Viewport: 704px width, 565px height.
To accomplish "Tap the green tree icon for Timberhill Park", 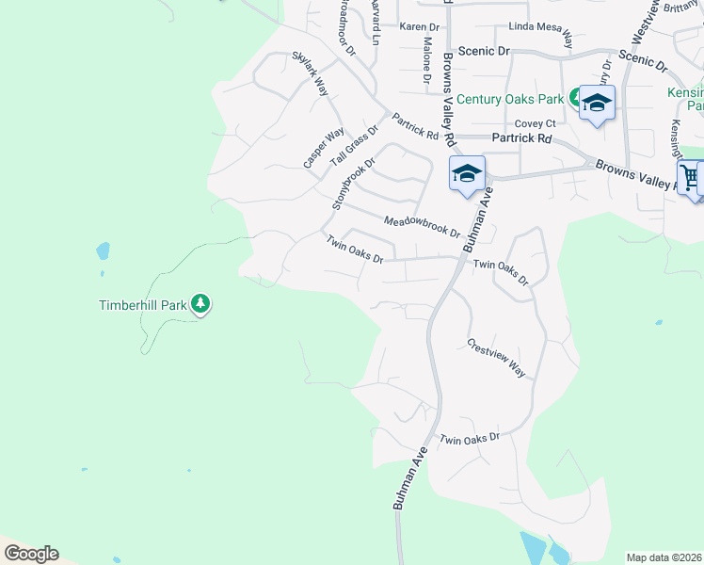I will pyautogui.click(x=200, y=303).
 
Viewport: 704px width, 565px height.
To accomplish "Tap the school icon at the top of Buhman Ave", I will pyautogui.click(x=467, y=174).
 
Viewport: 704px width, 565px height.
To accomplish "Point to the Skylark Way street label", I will pyautogui.click(x=311, y=74).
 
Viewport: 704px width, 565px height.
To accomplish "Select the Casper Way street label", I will pyautogui.click(x=323, y=149).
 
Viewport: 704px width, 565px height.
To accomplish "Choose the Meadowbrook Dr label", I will pyautogui.click(x=422, y=226).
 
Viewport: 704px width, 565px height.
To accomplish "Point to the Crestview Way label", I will pyautogui.click(x=496, y=358).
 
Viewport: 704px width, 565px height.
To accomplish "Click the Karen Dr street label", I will pyautogui.click(x=419, y=27).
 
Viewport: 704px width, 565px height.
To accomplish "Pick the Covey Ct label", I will pyautogui.click(x=536, y=123).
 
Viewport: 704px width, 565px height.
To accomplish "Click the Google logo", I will pyautogui.click(x=31, y=554).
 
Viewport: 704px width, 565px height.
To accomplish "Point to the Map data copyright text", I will pyautogui.click(x=664, y=557).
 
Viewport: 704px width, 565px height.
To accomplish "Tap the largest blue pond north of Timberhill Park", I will pyautogui.click(x=102, y=251).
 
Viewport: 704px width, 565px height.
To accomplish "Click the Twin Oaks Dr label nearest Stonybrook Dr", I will pyautogui.click(x=355, y=250).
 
